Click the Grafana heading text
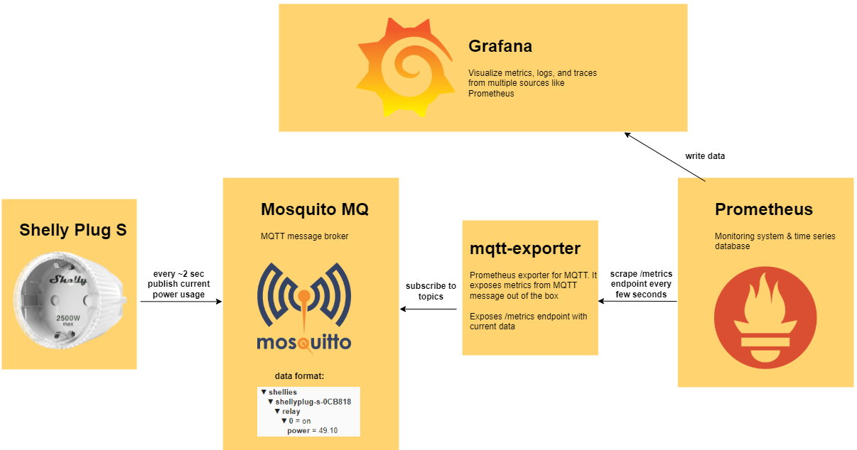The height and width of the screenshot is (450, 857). pos(500,46)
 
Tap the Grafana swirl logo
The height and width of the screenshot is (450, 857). pos(406,67)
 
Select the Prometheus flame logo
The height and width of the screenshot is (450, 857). pos(765,317)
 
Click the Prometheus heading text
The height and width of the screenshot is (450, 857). pos(764,209)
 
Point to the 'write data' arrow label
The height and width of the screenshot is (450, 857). pos(705,156)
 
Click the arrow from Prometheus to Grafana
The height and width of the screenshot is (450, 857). pos(665,157)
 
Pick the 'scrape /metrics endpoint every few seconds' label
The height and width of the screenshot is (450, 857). pos(641,284)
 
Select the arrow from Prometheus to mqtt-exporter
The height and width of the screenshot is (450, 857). pos(637,302)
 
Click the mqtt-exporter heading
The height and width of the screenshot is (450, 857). pos(525,248)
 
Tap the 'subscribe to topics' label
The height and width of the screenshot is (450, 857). pos(431,291)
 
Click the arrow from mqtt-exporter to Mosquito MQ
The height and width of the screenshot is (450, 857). pos(428,309)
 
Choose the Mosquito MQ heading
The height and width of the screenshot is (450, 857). pos(315,209)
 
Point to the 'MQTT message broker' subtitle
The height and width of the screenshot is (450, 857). pos(304,236)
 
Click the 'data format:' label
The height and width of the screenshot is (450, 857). pos(299,376)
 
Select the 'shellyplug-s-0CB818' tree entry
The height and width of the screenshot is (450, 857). pos(313,402)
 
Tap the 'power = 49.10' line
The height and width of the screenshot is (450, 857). pos(312,431)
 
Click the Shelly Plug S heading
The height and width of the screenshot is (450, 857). pos(72,230)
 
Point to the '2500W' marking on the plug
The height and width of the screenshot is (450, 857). pos(68,318)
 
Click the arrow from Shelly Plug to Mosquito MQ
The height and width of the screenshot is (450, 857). pos(181,302)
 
